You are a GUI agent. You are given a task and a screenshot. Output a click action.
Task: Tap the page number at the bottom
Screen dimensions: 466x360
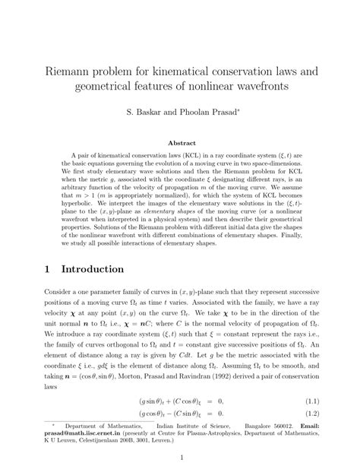tap(180, 457)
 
